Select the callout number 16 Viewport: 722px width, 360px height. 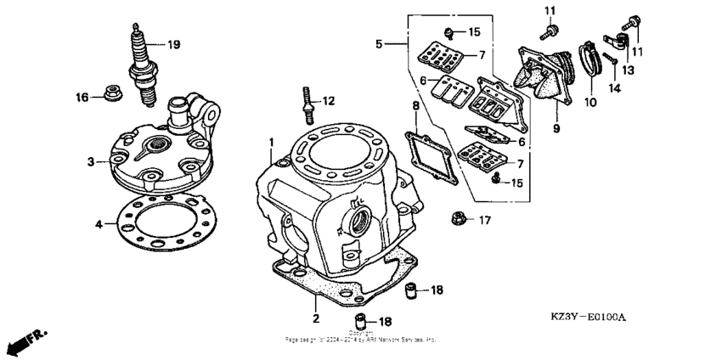click(x=82, y=98)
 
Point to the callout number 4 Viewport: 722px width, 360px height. click(x=99, y=224)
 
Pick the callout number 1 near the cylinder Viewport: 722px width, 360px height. click(x=272, y=141)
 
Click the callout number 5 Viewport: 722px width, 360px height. click(x=381, y=42)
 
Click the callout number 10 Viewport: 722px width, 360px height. click(x=590, y=103)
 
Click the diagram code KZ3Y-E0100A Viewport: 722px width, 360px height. click(x=587, y=318)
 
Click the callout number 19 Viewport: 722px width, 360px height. click(x=173, y=44)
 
